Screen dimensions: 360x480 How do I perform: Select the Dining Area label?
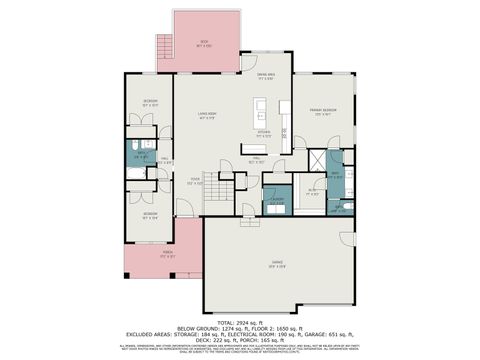pos(266,76)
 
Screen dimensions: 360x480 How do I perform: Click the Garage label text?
pos(277,264)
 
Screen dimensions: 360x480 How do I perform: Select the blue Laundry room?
pos(277,199)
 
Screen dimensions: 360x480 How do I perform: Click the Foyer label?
pos(195,182)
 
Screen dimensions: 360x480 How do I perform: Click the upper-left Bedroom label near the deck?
pos(149,102)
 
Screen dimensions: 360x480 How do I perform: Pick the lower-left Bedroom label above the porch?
pos(149,213)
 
